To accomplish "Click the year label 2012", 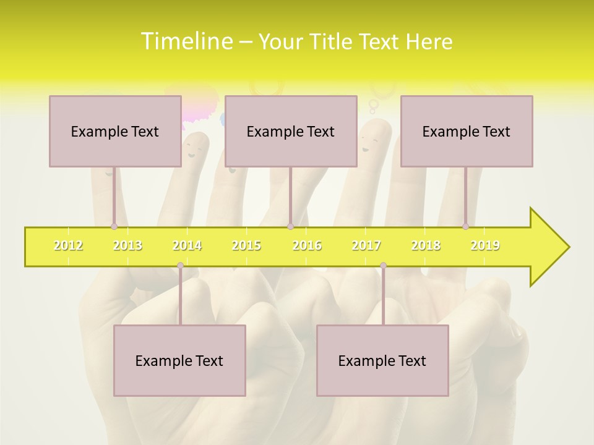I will coord(68,245).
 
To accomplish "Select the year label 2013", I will coord(127,245).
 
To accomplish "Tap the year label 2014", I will coord(187,245).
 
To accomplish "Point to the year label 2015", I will coord(246,245).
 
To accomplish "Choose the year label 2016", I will coord(307,245).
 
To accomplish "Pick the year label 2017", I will coord(366,245).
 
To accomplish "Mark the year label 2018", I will coord(426,245).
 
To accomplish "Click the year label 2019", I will coord(485,245).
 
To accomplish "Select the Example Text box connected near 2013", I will coord(115,131).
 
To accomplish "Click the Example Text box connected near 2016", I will coord(291,131).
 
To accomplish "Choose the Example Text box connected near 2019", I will coord(467,131).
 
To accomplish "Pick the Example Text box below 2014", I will coord(179,360).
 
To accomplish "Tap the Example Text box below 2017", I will coord(382,360).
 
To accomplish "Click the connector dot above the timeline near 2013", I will coord(114,226).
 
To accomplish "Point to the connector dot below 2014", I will coord(180,266).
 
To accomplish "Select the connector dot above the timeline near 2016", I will coord(290,226).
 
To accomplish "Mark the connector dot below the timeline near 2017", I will coord(383,266).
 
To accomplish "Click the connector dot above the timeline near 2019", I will coord(465,226).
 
